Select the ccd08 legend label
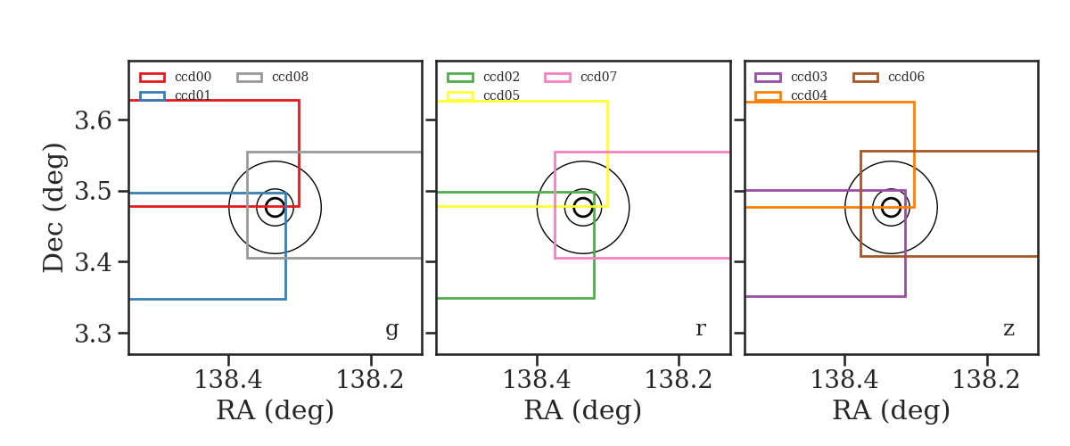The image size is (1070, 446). pos(290,77)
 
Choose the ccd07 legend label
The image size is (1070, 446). pos(598,77)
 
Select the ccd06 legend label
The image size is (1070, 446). pos(906,77)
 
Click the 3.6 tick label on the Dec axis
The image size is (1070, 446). pos(93,120)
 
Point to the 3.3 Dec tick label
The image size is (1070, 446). pos(93,334)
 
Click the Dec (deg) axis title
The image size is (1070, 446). pos(53,208)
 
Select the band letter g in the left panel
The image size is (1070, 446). pos(391,329)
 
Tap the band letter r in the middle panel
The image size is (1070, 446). pos(700,328)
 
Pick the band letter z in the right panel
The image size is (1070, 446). pos(1008,329)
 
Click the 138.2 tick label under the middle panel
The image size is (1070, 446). pos(679,380)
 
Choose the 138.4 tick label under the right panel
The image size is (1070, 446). pos(844,380)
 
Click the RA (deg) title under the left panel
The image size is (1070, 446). pos(276,410)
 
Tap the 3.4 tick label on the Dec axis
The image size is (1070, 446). pos(93,262)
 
